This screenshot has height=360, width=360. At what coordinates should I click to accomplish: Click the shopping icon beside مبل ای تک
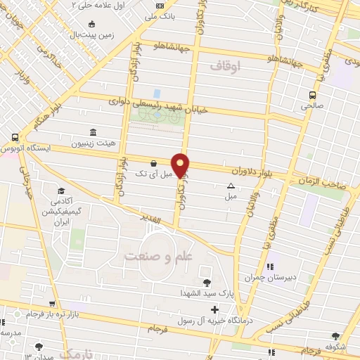coord(153,164)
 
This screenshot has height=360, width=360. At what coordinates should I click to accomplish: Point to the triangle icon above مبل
coord(231,186)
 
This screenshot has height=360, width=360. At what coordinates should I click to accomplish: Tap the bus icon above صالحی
coord(311,95)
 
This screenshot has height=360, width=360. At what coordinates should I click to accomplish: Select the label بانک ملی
coord(160,15)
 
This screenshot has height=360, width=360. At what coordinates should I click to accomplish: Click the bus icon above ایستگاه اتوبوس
coord(15,137)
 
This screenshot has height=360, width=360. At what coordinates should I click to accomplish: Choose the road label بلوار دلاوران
coord(250,171)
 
